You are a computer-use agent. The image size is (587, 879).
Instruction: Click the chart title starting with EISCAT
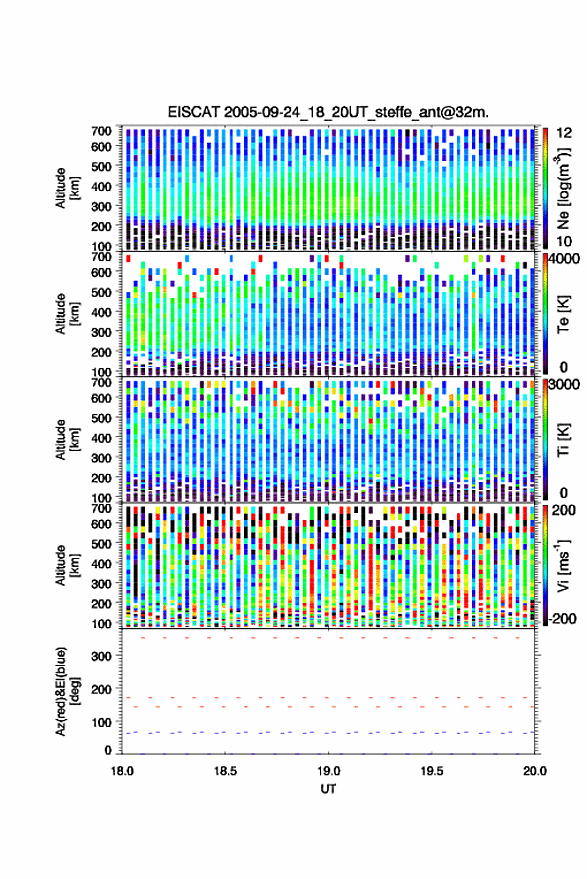tap(328, 112)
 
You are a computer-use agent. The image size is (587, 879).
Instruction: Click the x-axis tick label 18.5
tap(225, 771)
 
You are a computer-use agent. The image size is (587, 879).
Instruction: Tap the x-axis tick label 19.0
tap(329, 771)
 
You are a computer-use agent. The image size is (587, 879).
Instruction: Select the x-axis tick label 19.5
tap(432, 771)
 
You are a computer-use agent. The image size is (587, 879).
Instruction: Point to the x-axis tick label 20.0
tap(535, 771)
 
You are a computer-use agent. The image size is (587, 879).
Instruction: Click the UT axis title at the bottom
tap(328, 789)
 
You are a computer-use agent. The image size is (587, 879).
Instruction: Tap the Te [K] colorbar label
tap(563, 314)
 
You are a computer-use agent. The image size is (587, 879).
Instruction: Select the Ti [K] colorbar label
tap(563, 440)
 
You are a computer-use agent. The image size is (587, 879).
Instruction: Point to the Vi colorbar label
tap(563, 565)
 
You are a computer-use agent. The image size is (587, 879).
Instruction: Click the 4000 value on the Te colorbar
tap(566, 260)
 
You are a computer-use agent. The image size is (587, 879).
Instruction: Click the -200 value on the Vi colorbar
tap(562, 618)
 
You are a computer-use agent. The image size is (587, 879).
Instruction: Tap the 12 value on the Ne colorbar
tap(565, 132)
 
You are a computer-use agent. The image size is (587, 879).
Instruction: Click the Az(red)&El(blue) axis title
tap(68, 691)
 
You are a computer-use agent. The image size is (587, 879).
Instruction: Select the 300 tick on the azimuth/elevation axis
tap(101, 656)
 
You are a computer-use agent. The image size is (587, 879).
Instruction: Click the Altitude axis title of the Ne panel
tap(68, 188)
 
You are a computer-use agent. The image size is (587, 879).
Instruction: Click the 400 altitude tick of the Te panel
tap(101, 312)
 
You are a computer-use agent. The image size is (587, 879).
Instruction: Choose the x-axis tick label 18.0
tap(122, 771)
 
